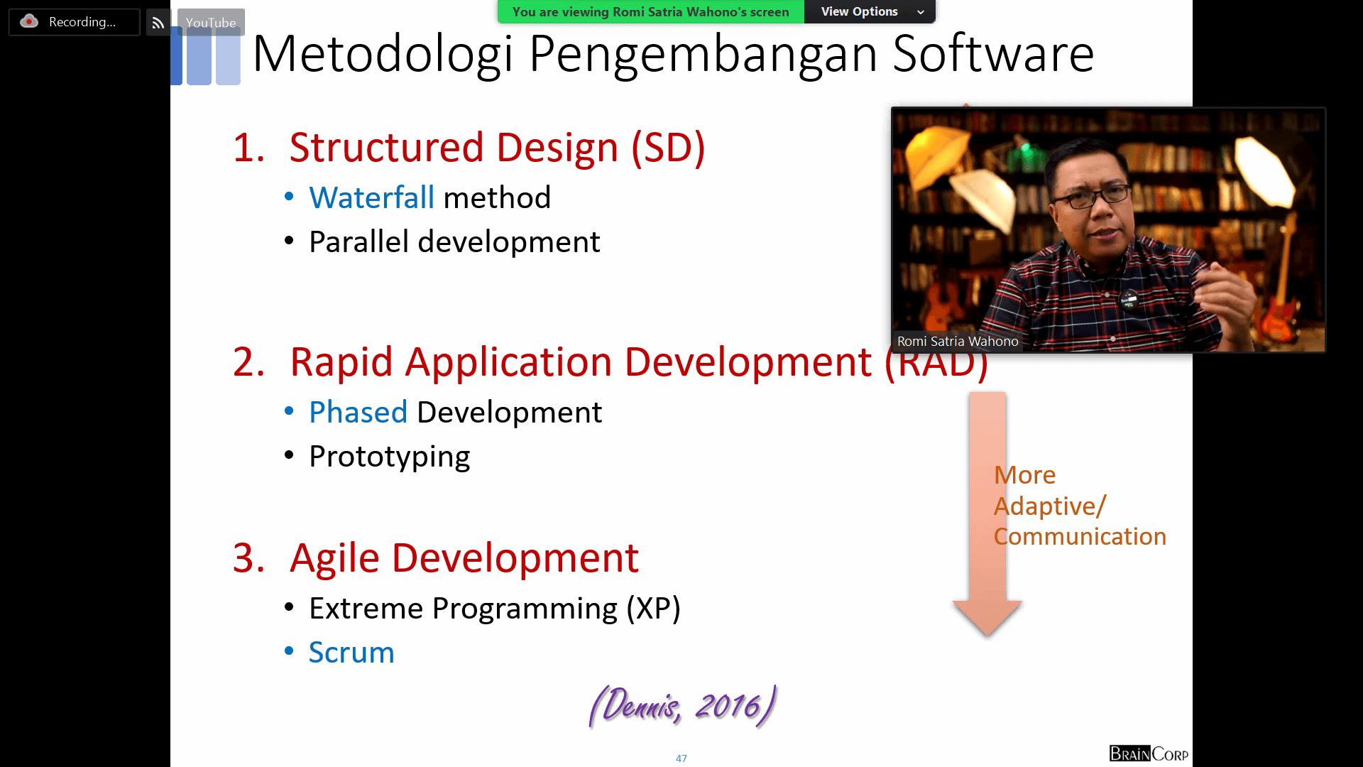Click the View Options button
[870, 11]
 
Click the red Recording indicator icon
[29, 21]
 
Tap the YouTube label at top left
[211, 23]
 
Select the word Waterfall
[371, 197]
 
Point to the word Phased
[358, 412]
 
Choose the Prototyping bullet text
[389, 457]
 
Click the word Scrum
[351, 652]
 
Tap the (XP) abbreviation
[653, 609]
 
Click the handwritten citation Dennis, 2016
[682, 706]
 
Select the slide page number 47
[681, 758]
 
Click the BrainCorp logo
[1149, 754]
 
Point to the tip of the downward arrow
[987, 636]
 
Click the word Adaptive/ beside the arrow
[1050, 506]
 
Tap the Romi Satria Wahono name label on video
[958, 342]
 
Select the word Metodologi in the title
[382, 54]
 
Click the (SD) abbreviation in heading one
[668, 148]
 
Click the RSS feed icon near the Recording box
[158, 23]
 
